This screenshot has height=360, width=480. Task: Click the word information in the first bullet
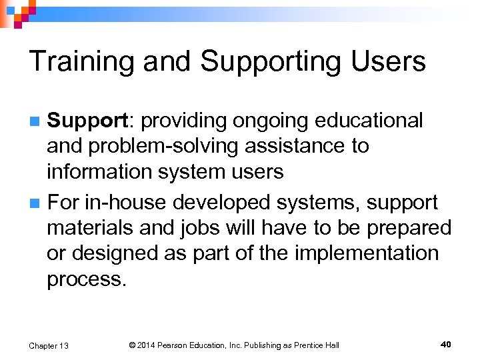[101, 171]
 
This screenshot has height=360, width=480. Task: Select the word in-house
[127, 201]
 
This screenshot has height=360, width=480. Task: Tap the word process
[85, 279]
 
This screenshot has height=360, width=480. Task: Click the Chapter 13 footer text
[49, 345]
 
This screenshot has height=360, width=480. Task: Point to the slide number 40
[446, 344]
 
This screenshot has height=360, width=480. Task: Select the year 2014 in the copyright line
[146, 345]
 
